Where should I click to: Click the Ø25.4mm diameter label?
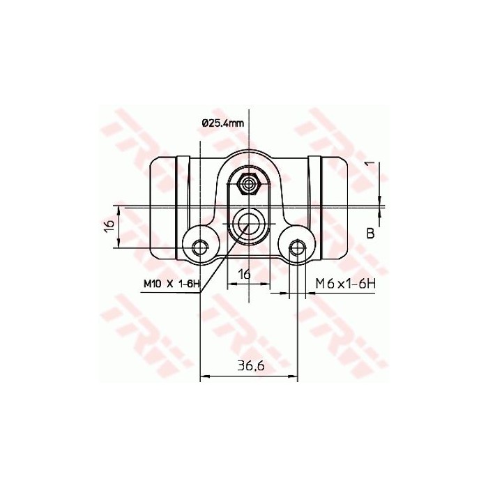pos(222,123)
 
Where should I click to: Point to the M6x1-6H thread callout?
pos(346,284)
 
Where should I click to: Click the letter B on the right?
pos(370,234)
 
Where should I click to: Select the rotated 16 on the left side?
pos(108,227)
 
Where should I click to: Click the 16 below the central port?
pos(244,274)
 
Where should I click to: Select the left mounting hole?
pos(201,246)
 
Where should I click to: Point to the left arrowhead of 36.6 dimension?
pos(204,377)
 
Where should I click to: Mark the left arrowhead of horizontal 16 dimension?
pos(231,284)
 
